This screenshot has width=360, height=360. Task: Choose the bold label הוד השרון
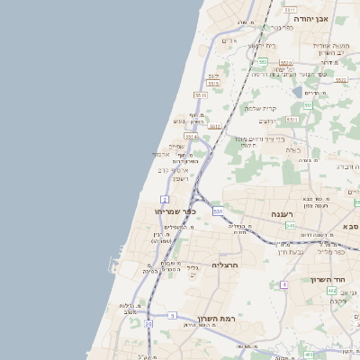[329, 280]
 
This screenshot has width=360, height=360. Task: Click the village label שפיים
[176, 147]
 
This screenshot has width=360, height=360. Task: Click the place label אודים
[229, 40]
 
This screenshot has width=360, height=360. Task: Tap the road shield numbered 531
[218, 211]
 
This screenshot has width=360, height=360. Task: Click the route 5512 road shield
[215, 127]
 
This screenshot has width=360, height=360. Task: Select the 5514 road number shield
[191, 137]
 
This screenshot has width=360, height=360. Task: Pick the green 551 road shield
[307, 105]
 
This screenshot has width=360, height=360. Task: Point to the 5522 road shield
[339, 80]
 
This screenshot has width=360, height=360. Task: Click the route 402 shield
[332, 291]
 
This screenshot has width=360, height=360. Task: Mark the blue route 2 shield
[165, 199]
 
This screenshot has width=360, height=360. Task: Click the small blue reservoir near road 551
[297, 91]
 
